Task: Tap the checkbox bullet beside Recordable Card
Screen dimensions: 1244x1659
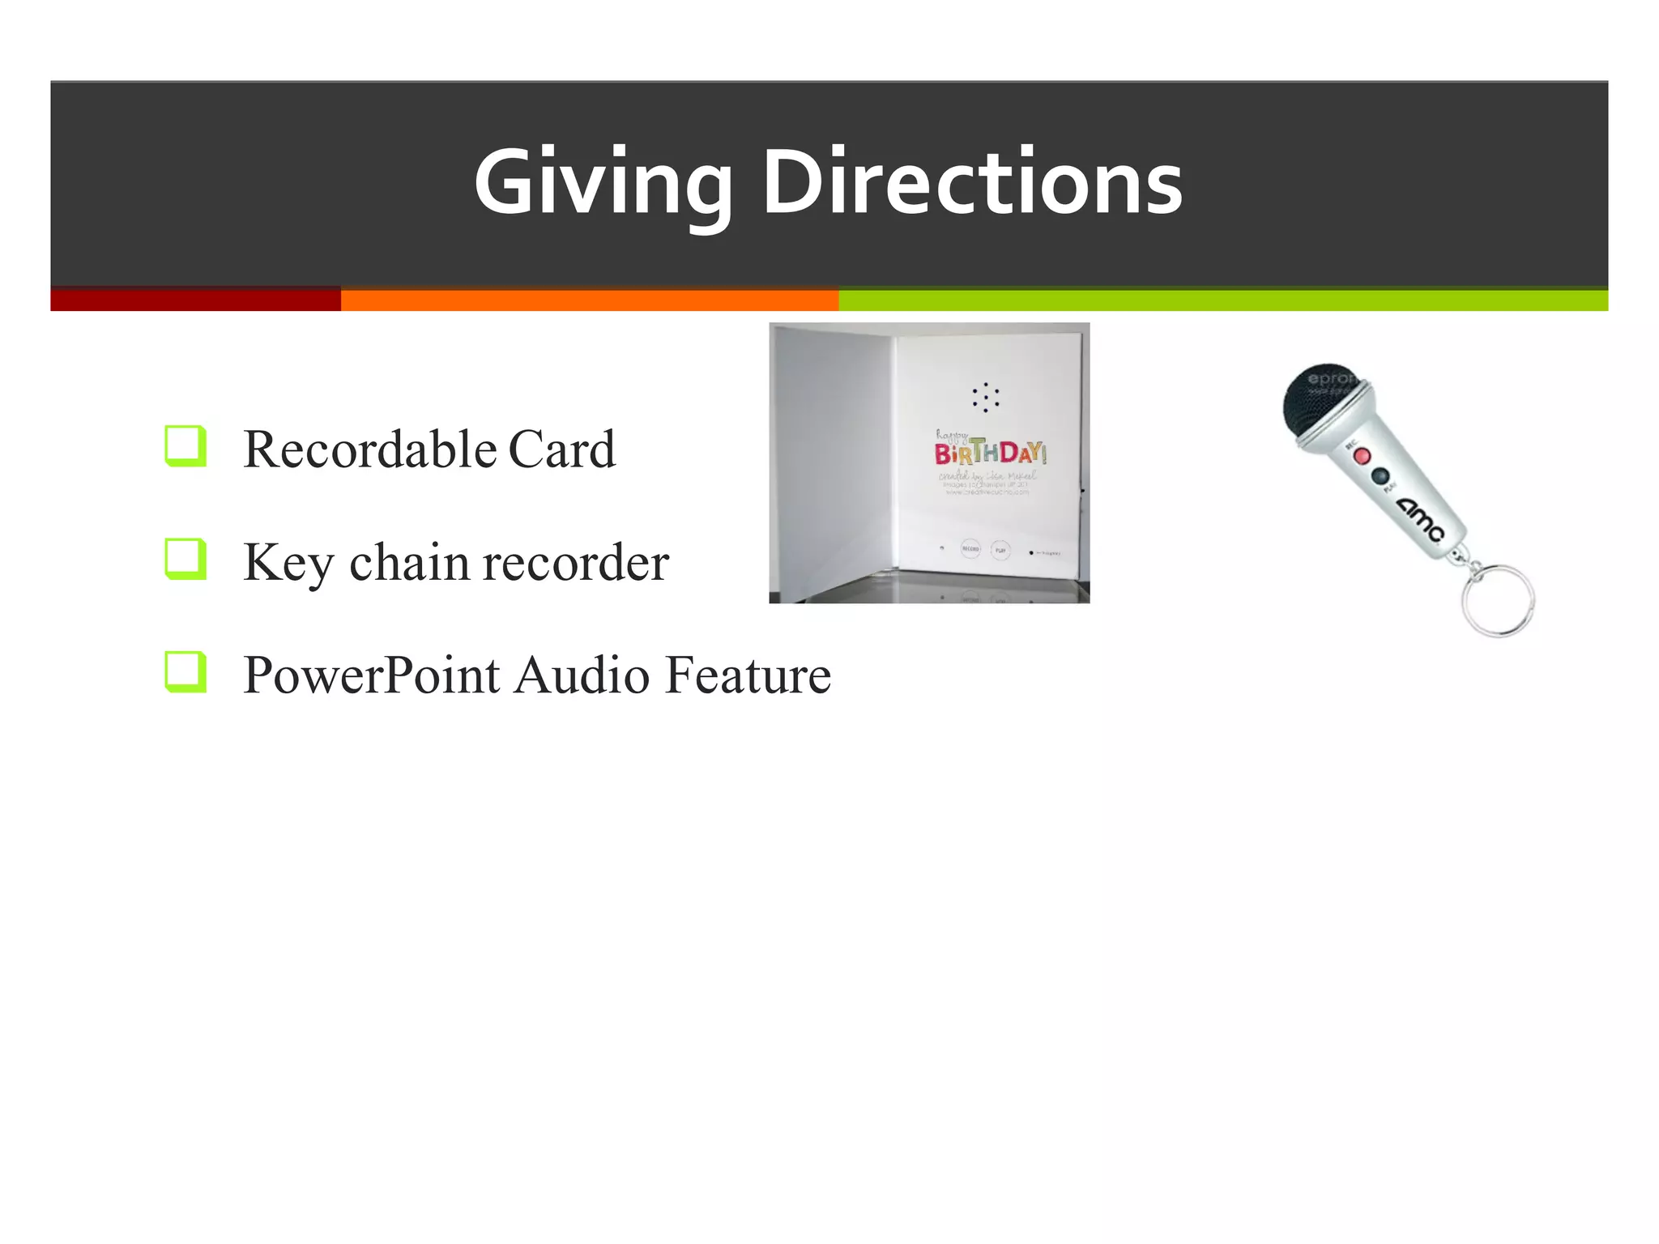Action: pyautogui.click(x=185, y=445)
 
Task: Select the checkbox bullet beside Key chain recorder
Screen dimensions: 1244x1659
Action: pyautogui.click(x=185, y=559)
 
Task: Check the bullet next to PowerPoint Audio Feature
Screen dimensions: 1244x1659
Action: pyautogui.click(x=185, y=672)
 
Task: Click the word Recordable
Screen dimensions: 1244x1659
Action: pyautogui.click(x=369, y=449)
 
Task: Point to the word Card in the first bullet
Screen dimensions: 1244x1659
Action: pyautogui.click(x=561, y=449)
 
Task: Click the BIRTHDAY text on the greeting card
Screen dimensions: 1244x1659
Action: pyautogui.click(x=990, y=453)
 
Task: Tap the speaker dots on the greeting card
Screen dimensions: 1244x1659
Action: pyautogui.click(x=985, y=397)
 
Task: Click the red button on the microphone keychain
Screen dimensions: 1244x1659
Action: pyautogui.click(x=1363, y=456)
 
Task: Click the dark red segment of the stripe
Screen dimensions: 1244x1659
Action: pyautogui.click(x=195, y=300)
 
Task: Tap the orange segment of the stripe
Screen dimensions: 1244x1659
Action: pyautogui.click(x=589, y=300)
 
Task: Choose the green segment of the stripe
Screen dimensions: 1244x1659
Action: pyautogui.click(x=1222, y=300)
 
